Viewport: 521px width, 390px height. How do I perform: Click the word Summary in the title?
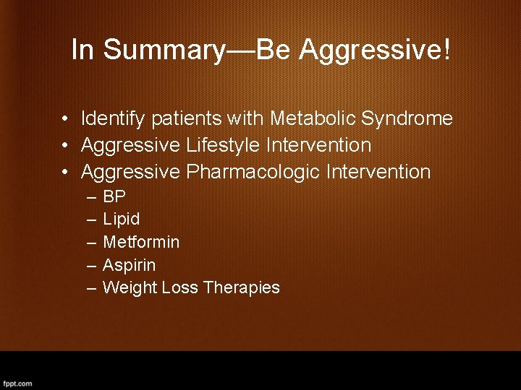[x=163, y=50]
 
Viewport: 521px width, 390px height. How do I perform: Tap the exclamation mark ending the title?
[x=446, y=50]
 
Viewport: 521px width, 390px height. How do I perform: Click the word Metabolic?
[x=313, y=118]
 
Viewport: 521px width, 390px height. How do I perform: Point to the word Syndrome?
[x=407, y=118]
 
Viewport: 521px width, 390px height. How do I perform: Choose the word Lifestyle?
[x=224, y=145]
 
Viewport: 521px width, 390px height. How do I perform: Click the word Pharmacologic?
[x=254, y=172]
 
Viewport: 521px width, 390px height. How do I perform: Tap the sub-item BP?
[x=114, y=196]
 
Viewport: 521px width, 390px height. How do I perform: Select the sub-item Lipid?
[x=121, y=219]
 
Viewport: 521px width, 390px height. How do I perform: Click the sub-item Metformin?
[x=141, y=242]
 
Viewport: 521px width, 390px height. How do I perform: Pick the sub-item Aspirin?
[x=129, y=265]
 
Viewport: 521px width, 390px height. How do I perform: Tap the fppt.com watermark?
[x=17, y=383]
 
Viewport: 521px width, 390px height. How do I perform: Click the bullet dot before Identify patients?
[x=65, y=118]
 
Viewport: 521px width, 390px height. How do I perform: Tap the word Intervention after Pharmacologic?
[x=378, y=172]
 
